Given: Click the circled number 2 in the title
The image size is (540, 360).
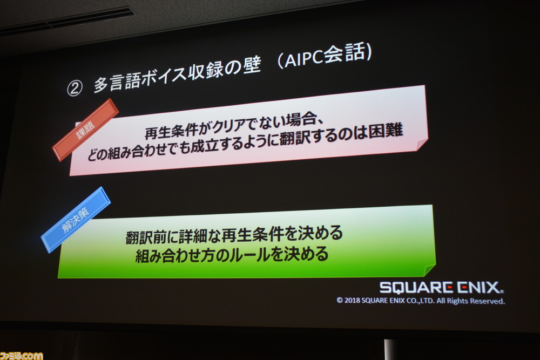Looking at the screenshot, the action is coord(75,88).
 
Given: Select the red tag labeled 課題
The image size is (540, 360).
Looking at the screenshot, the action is coord(85,130).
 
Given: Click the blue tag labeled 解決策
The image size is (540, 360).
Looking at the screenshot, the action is coord(76,219).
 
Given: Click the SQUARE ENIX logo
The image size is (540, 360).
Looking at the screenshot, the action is coord(441,287).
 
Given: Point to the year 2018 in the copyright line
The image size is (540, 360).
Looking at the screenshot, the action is coord(352,300).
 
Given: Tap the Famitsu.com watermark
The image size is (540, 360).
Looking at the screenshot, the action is coord(22,356).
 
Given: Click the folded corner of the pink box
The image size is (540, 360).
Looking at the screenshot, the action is coord(422,145).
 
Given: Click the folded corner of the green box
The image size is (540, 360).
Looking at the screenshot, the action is coord(429,270).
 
